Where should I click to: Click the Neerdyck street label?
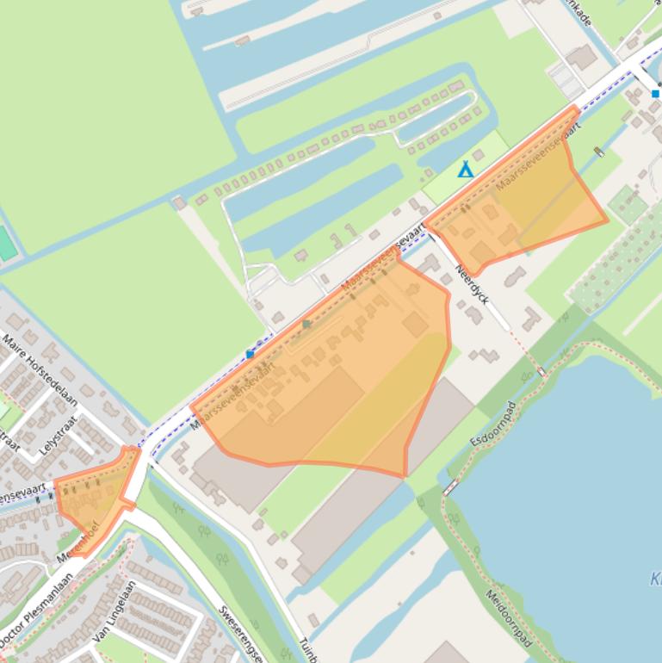pos(473,284)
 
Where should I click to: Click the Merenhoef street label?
pos(79,543)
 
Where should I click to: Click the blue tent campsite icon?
pos(465,170)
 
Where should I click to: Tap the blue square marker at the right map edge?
pos(655,93)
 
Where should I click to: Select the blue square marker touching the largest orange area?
pos(251,354)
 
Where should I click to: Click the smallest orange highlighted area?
pos(95,499)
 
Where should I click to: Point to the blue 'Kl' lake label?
pos(656,579)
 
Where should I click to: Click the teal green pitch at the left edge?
pos(6,244)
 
